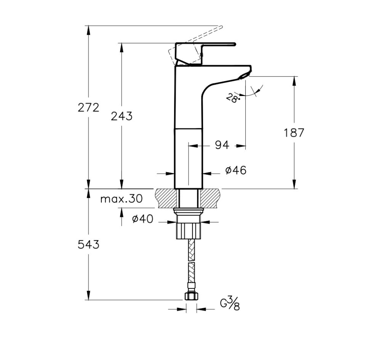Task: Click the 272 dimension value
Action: [x=88, y=108]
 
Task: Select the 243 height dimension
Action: [x=122, y=116]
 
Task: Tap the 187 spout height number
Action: [x=294, y=133]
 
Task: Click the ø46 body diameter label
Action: [x=235, y=171]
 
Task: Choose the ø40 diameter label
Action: [x=142, y=219]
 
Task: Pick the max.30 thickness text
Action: [x=121, y=199]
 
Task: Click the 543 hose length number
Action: [x=88, y=245]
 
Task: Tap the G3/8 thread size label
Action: [x=229, y=304]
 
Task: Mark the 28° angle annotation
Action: [x=232, y=98]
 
